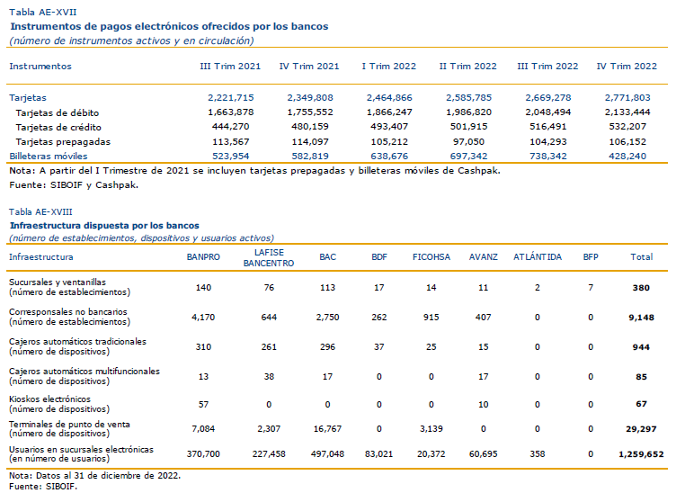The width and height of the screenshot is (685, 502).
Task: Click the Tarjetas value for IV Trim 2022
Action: [627, 97]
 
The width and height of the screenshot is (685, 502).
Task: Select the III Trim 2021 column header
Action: [230, 67]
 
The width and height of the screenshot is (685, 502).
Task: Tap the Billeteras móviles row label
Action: [49, 157]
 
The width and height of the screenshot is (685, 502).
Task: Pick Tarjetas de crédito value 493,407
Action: [389, 127]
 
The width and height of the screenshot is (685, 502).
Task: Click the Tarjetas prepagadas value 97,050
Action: [468, 141]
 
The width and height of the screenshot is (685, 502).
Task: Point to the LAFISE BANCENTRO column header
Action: [269, 258]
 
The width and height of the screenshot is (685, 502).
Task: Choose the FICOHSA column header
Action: [431, 257]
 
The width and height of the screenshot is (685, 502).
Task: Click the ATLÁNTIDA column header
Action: [538, 257]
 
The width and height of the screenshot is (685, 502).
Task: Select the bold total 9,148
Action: [641, 318]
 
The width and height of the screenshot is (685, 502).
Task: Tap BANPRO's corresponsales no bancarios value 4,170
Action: [203, 317]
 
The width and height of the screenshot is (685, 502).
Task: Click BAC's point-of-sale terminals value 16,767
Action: [327, 429]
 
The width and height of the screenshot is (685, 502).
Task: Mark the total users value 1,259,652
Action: [641, 454]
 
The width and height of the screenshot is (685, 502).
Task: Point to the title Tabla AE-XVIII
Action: [40, 212]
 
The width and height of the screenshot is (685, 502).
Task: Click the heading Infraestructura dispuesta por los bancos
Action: [105, 226]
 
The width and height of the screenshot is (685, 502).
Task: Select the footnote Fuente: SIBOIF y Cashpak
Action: [74, 185]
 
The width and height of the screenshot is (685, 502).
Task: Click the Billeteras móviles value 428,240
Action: [627, 157]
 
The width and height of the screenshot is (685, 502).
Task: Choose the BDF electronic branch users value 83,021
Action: [378, 454]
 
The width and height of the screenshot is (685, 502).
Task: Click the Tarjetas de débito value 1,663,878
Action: [231, 112]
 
